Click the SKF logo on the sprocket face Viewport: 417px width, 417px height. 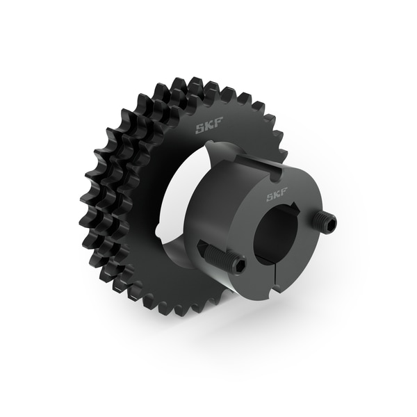click(208, 129)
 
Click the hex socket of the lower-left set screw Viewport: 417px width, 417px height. click(238, 265)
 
